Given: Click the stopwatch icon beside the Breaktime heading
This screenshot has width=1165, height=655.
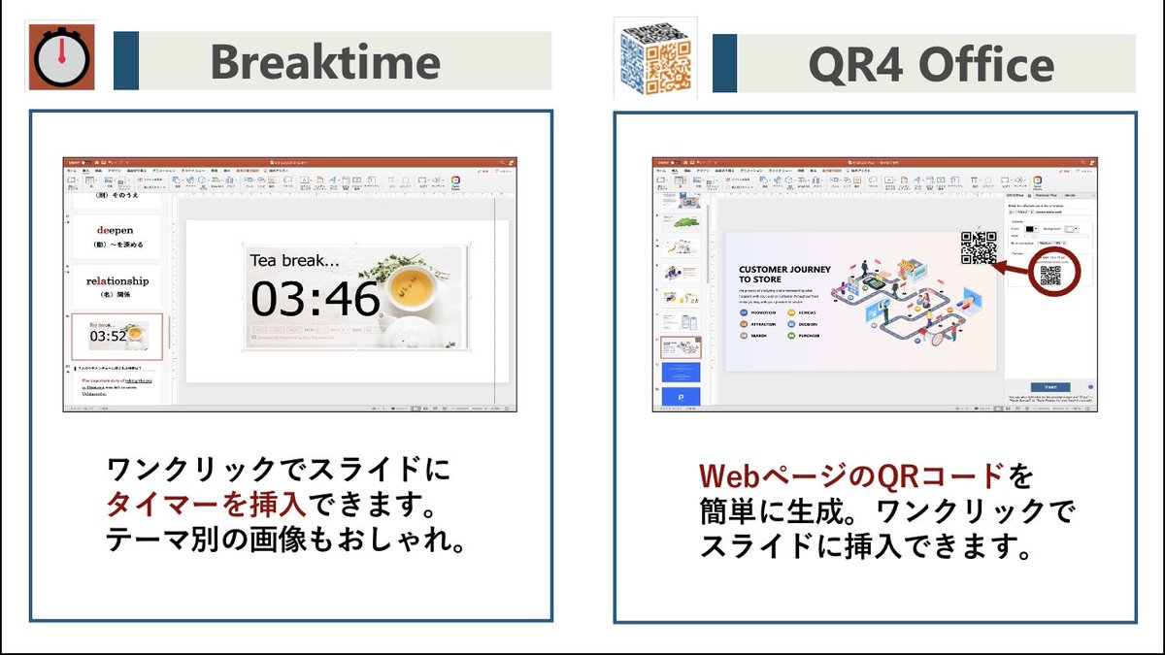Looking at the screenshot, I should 61,59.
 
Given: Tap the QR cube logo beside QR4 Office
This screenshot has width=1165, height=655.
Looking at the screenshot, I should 655,57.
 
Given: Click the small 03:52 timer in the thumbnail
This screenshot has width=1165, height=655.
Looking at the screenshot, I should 108,337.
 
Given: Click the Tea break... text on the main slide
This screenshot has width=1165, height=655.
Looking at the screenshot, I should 296,260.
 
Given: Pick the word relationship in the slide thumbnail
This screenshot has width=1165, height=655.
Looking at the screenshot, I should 117,281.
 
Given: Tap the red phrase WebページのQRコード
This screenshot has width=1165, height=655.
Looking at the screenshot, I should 852,476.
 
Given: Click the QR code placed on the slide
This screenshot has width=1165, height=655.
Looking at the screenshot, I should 979,248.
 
